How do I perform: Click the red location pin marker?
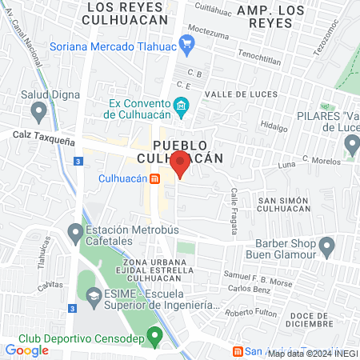pos(181,162)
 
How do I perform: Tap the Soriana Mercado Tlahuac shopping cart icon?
pos(188,42)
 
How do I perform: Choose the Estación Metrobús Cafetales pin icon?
pos(75,234)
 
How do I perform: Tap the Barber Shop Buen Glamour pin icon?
pos(326,245)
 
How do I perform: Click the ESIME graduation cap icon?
pos(93,295)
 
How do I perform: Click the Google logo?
pos(26,350)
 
